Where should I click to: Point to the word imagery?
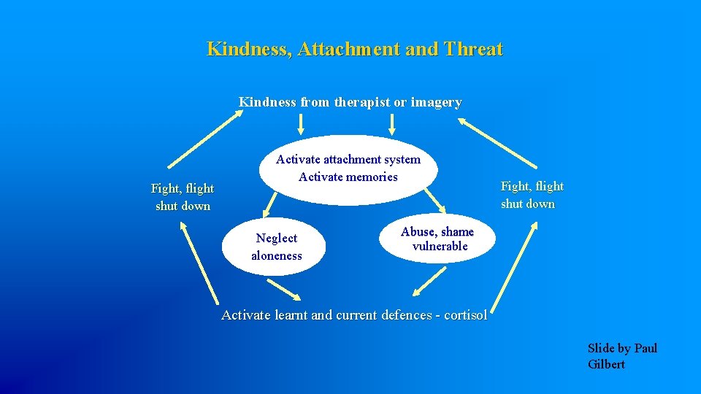[436, 102]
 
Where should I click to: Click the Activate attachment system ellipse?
[348, 169]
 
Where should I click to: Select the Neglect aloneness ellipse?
[276, 247]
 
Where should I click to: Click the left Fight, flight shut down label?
[183, 197]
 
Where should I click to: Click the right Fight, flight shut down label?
[532, 195]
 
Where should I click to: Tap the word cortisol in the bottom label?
[464, 315]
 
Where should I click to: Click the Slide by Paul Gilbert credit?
[621, 356]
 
